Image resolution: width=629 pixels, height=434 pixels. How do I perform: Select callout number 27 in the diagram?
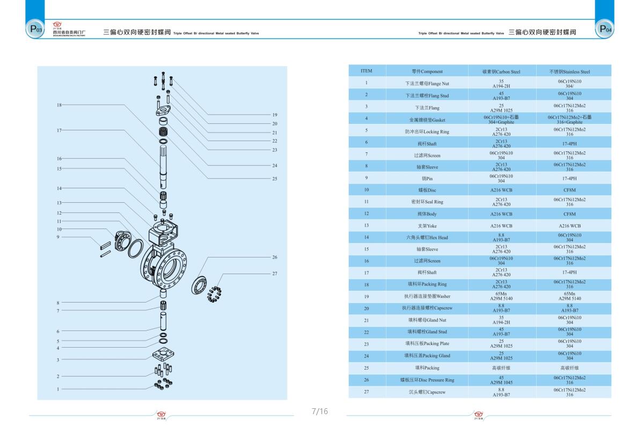click(x=274, y=274)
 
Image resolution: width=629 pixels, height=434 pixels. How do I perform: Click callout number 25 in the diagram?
click(x=274, y=179)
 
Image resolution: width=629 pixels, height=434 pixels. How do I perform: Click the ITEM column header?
click(x=366, y=71)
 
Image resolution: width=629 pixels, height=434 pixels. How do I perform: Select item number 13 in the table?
click(x=366, y=225)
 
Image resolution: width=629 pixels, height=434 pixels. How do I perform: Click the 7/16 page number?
click(x=319, y=411)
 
